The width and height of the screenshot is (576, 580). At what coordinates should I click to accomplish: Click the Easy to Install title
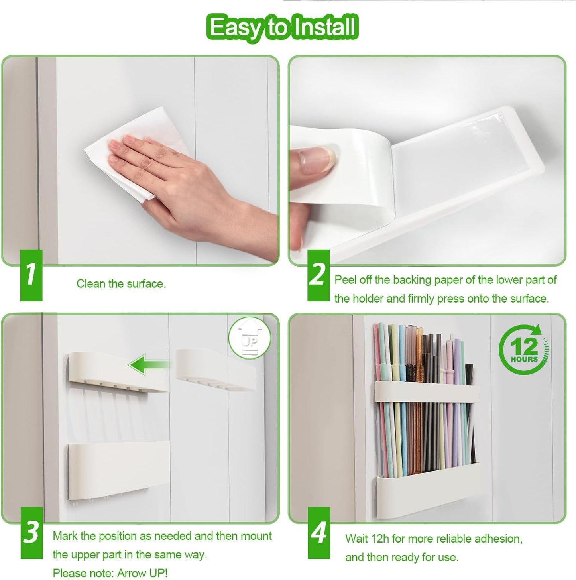(x=282, y=27)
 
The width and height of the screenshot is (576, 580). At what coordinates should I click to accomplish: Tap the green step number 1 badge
(x=31, y=275)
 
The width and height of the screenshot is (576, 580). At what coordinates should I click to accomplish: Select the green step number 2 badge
(x=318, y=275)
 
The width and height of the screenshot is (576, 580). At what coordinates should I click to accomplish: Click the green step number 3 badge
(x=31, y=533)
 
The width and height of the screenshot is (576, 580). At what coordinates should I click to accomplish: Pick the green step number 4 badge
(x=318, y=533)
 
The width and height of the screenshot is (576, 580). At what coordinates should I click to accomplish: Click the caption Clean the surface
(x=121, y=284)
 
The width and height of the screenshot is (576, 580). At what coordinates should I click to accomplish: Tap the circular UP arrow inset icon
(x=250, y=338)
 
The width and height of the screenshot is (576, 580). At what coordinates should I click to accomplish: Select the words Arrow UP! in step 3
(x=142, y=573)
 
